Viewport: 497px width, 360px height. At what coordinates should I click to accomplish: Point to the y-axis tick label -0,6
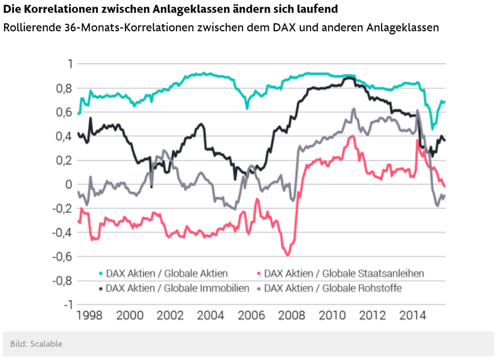tap(61, 257)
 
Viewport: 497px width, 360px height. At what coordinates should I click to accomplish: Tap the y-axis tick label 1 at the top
tap(70, 64)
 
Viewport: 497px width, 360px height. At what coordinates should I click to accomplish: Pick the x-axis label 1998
tap(89, 315)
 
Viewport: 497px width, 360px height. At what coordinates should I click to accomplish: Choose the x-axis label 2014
tap(413, 315)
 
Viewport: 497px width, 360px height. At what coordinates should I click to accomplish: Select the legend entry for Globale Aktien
tap(167, 274)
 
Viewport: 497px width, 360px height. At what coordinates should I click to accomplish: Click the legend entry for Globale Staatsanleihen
tap(344, 274)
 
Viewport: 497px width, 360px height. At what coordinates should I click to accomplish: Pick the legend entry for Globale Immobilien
tap(177, 288)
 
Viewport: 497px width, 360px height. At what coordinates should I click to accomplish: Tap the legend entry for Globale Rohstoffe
tap(333, 288)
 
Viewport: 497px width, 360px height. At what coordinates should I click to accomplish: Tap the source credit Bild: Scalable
tap(37, 344)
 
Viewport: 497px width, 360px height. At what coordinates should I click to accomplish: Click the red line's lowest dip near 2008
tap(287, 255)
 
